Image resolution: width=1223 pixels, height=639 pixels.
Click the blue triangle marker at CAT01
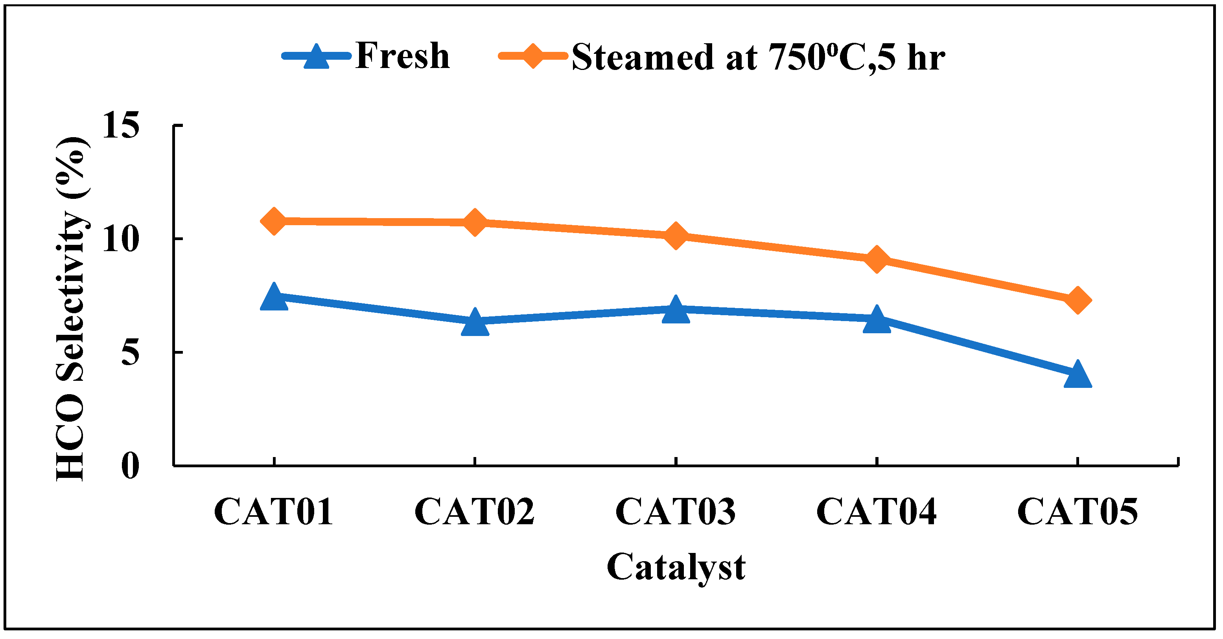pos(274,297)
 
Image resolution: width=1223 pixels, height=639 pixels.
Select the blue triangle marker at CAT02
pos(475,323)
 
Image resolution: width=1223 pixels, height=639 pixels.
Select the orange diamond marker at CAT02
pos(475,222)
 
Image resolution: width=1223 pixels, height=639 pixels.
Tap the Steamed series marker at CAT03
pos(676,235)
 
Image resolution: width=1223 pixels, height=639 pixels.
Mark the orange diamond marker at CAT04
pos(877,259)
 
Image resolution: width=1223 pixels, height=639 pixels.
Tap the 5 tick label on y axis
pos(130,353)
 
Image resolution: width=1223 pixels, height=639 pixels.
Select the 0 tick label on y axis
pos(130,466)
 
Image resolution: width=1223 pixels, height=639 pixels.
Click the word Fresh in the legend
pos(402,56)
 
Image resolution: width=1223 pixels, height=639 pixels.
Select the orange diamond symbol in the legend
pos(533,56)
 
